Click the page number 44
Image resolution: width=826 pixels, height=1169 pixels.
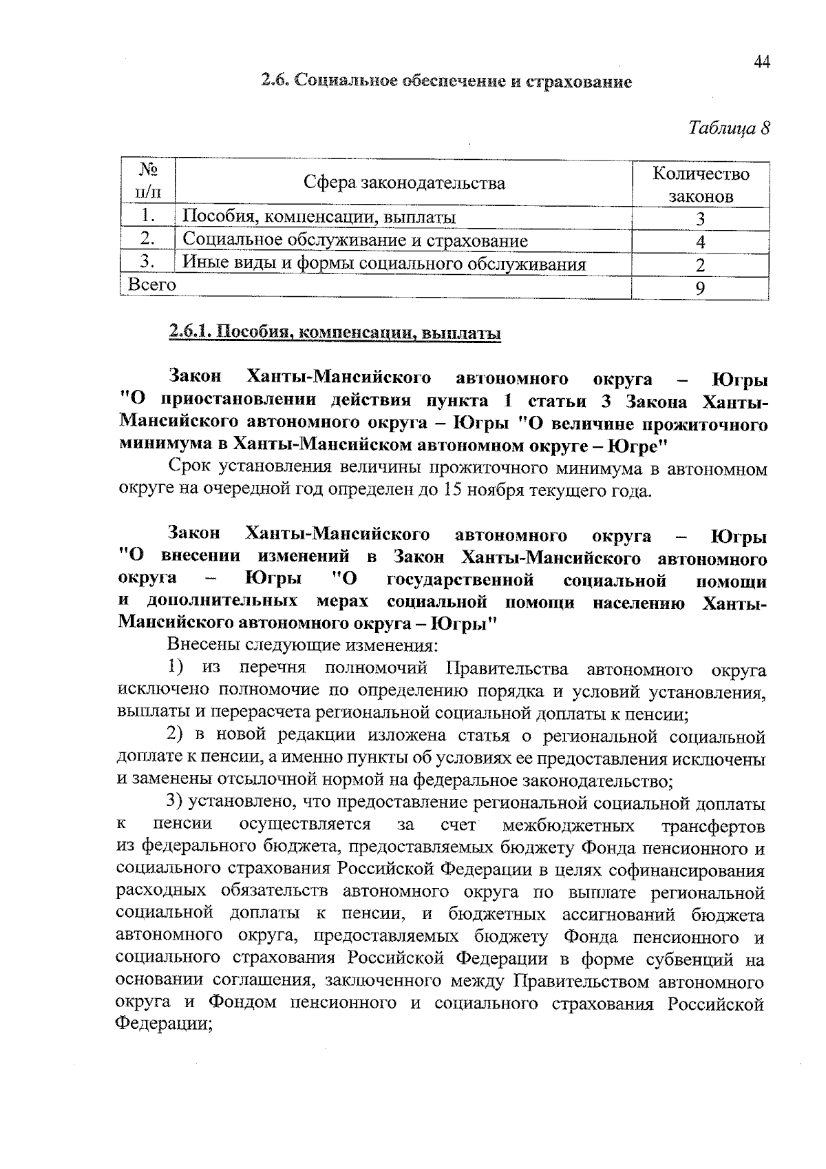[761, 62]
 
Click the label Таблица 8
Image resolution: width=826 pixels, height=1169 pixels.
[728, 128]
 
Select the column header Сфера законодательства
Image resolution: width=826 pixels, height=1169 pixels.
[404, 183]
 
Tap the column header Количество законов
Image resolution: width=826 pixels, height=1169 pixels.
[700, 184]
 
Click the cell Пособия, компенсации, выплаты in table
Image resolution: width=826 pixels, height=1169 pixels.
[319, 218]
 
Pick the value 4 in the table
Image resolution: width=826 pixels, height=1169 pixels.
[700, 242]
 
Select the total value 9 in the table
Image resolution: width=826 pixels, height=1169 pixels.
[700, 289]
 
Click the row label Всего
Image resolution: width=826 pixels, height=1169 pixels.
[148, 285]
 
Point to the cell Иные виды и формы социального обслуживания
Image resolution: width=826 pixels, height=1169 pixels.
[384, 265]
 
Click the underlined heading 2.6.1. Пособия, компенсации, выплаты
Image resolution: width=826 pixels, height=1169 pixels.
[335, 334]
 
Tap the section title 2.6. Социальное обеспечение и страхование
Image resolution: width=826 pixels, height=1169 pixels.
[446, 82]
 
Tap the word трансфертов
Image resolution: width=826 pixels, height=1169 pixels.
[713, 825]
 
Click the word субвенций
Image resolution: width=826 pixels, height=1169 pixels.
[698, 960]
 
